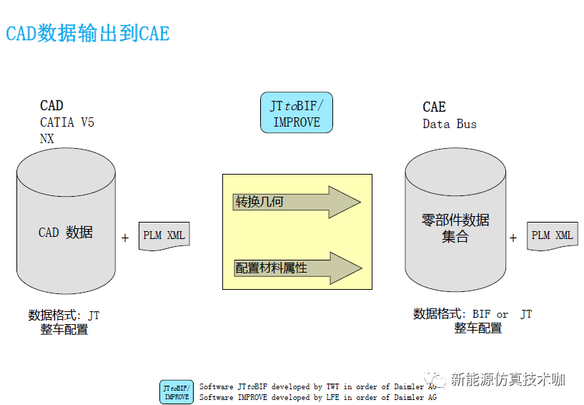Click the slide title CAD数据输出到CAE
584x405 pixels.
88,33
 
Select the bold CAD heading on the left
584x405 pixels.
51,106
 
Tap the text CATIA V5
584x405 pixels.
67,122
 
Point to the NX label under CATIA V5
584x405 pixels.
47,139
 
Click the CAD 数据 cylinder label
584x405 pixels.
66,233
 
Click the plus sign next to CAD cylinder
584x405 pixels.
125,238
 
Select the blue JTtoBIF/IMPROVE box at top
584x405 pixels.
297,114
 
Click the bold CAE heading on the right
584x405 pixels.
434,107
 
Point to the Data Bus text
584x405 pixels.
450,124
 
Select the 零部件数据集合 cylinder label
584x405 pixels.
455,228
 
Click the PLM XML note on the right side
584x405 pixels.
553,235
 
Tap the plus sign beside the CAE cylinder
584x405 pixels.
513,238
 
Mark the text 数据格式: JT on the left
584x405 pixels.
64,315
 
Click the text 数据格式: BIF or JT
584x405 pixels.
472,314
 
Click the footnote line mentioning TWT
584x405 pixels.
317,387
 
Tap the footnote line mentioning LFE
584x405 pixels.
317,397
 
